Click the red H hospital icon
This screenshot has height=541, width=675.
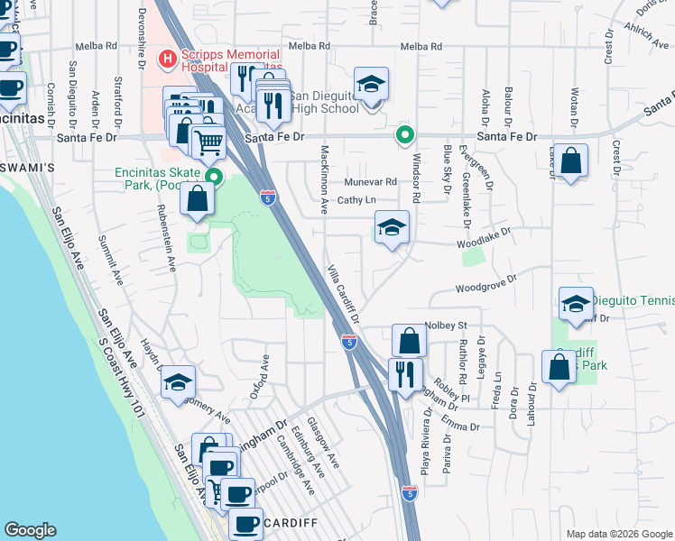point(166,60)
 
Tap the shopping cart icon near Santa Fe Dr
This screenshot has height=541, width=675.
point(209,142)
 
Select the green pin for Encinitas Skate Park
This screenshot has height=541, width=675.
point(214,177)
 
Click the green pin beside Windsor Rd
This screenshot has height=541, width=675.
point(405,136)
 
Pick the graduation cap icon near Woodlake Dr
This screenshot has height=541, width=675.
point(393,229)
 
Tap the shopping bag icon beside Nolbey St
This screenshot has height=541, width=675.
point(409,342)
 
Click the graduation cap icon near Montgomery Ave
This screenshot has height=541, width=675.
point(179,382)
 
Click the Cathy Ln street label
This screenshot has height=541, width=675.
point(356,201)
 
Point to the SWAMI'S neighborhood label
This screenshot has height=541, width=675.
point(28,168)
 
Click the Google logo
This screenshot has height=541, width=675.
point(30,530)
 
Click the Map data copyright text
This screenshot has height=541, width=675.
point(617,534)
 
